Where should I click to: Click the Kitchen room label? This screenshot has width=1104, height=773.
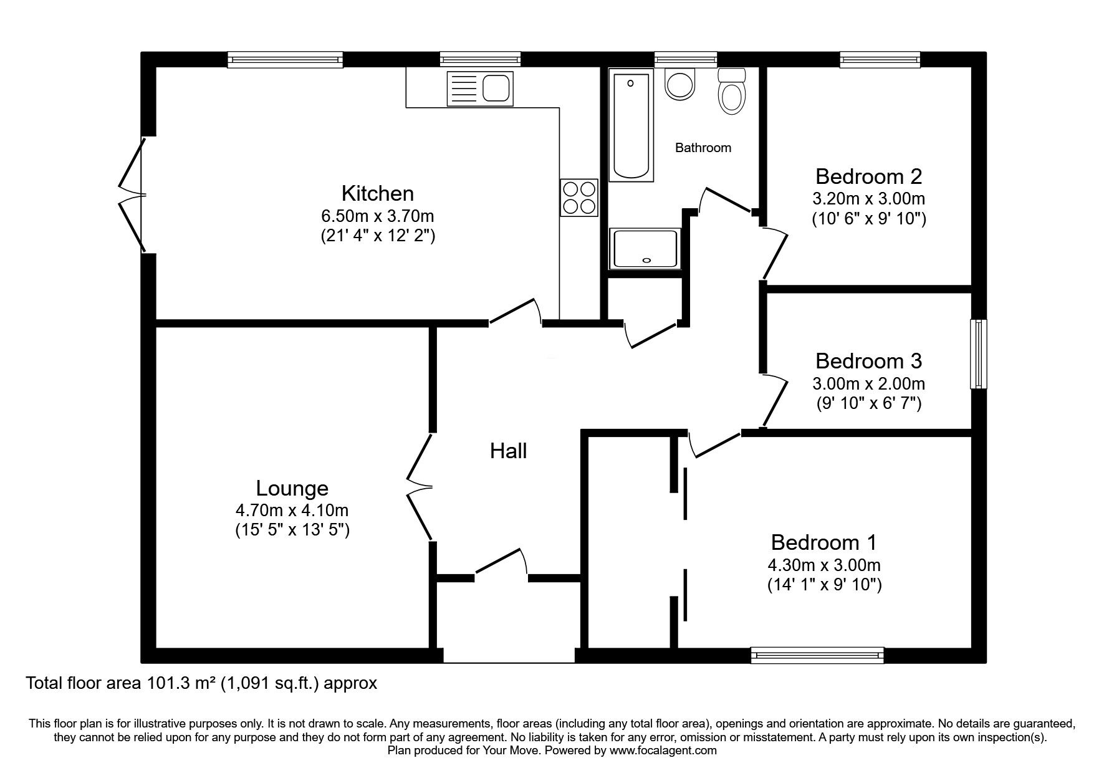[x=377, y=193]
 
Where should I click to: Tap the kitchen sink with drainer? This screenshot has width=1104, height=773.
[x=479, y=88]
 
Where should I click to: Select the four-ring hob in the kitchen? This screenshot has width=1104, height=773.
[x=579, y=197]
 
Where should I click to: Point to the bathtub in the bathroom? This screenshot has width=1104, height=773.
[x=630, y=125]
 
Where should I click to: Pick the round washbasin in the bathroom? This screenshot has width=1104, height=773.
[x=679, y=84]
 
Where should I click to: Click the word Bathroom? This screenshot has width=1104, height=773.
[x=703, y=148]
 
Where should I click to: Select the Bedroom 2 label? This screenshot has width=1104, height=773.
[x=868, y=176]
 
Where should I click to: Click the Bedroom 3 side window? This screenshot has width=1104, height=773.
[x=979, y=353]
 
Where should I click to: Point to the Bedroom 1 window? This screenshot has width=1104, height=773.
[x=817, y=655]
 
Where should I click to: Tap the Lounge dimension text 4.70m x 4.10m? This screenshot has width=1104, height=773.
[x=292, y=510]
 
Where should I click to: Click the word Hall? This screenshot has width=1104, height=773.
[x=508, y=451]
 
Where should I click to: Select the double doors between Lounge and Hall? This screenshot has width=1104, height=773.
[x=420, y=486]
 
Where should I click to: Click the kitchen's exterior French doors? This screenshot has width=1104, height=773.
[x=133, y=194]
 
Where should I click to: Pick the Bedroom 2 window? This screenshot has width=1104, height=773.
[x=880, y=60]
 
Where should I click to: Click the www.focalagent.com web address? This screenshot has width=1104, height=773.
[x=663, y=751]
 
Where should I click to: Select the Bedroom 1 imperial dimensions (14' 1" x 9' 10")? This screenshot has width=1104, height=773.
[x=824, y=585]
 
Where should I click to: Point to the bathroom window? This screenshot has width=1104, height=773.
[x=686, y=60]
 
